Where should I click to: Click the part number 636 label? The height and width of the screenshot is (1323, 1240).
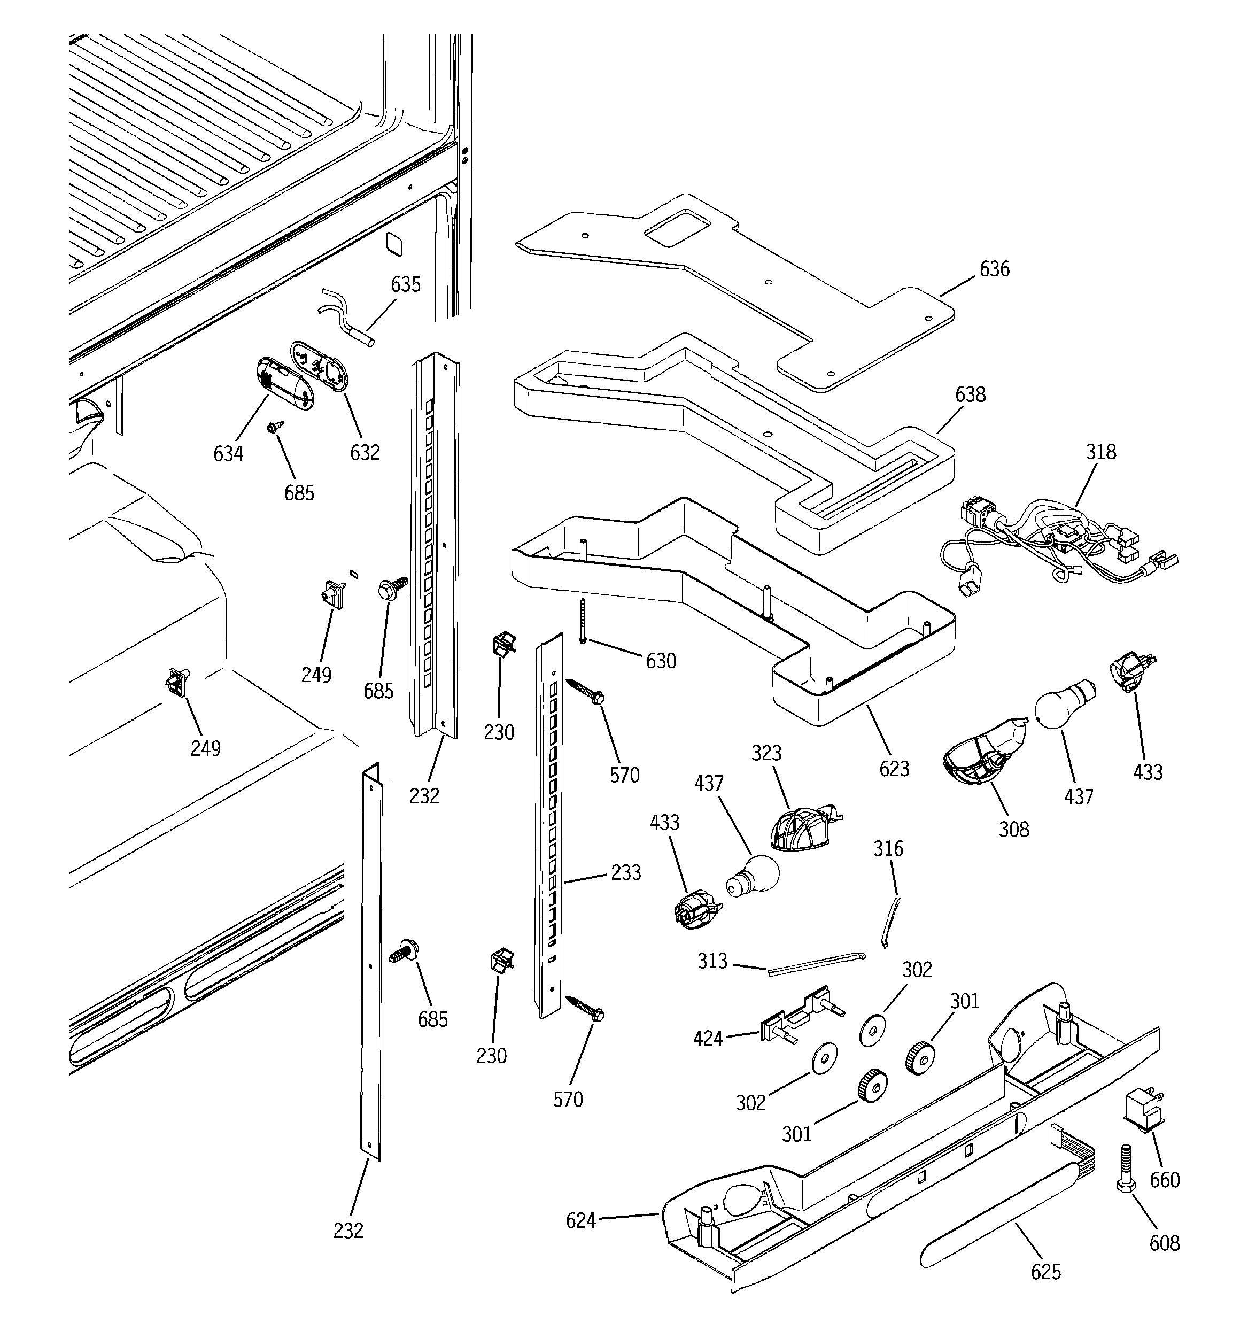point(994,269)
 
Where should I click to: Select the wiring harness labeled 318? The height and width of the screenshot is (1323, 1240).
point(1058,543)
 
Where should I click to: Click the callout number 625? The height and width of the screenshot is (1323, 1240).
point(1045,1272)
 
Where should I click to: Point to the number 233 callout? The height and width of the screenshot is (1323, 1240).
point(626,872)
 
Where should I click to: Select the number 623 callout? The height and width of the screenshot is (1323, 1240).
point(894,769)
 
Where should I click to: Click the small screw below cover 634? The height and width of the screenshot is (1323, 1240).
point(274,426)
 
